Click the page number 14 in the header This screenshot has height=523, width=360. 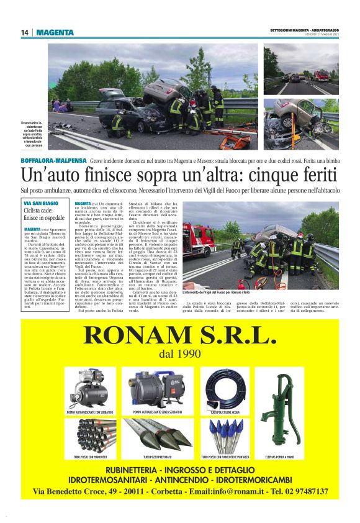[x=25, y=32]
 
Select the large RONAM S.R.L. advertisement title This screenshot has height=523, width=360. [x=179, y=335]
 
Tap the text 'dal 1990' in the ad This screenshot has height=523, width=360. [x=180, y=354]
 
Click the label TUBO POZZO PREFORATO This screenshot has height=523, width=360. [x=157, y=457]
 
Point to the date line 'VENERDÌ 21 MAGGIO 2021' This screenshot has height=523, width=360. [x=318, y=35]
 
